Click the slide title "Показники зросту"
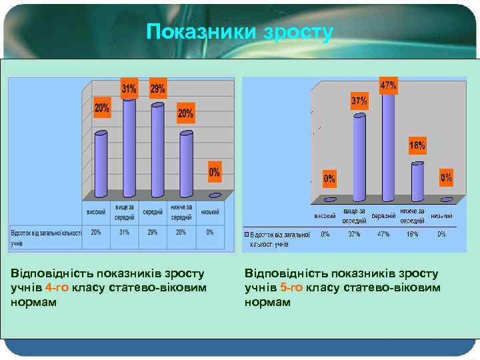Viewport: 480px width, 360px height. (x=239, y=32)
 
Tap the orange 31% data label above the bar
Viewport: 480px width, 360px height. (x=129, y=89)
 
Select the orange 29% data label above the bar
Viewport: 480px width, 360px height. (x=158, y=89)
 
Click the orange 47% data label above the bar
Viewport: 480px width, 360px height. (x=388, y=85)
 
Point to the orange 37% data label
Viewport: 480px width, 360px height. (x=359, y=101)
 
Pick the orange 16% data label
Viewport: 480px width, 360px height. (x=417, y=145)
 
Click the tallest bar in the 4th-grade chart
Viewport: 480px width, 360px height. (x=129, y=147)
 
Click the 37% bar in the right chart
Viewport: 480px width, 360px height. (x=359, y=157)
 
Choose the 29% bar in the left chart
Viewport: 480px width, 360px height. (x=158, y=150)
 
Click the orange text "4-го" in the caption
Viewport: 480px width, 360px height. (x=57, y=287)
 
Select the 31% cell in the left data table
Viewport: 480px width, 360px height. (x=124, y=232)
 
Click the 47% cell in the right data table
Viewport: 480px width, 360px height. (x=383, y=234)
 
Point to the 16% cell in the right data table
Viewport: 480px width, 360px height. (x=413, y=234)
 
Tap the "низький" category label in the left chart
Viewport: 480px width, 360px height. (x=210, y=213)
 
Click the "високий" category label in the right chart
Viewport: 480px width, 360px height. (x=325, y=216)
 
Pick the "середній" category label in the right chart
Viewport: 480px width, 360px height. (x=383, y=216)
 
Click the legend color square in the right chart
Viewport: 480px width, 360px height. (x=247, y=235)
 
